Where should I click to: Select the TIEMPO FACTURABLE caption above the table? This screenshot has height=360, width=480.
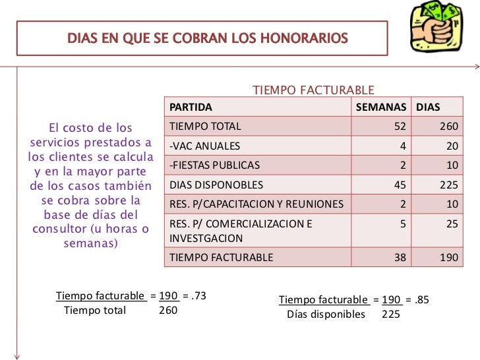(x=314, y=90)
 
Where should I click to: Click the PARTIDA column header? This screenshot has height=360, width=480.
(x=191, y=107)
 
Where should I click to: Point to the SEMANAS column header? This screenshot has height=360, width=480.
(x=382, y=107)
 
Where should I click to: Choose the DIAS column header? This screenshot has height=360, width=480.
(x=427, y=107)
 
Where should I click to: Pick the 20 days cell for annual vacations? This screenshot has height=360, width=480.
(x=452, y=146)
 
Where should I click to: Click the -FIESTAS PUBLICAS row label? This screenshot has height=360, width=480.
(x=215, y=165)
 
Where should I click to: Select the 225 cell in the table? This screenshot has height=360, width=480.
(x=448, y=185)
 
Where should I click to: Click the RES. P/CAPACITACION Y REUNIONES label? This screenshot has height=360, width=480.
(x=256, y=204)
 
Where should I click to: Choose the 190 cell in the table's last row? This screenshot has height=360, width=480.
(x=448, y=258)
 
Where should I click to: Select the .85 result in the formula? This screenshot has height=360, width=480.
(x=422, y=300)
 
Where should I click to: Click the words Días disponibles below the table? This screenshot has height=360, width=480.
(x=326, y=314)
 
